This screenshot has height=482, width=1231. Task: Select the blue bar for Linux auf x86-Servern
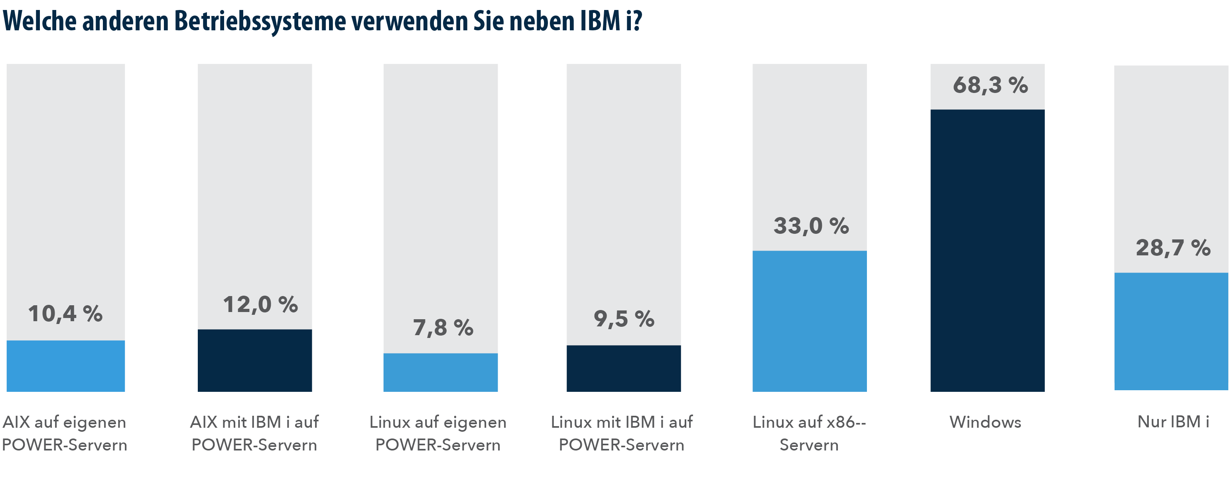click(809, 321)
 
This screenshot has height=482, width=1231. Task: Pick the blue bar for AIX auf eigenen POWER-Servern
click(65, 366)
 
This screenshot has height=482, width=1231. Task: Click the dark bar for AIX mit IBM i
click(255, 360)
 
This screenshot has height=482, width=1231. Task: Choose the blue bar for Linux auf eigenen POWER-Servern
click(440, 372)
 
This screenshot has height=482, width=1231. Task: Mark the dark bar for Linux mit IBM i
click(623, 368)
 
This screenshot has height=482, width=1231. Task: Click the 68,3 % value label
click(990, 85)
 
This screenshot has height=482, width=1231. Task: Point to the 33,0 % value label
click(811, 226)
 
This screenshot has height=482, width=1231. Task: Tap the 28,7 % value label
click(1173, 248)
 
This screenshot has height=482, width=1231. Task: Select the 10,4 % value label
click(65, 314)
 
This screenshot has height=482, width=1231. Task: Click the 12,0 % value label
click(260, 304)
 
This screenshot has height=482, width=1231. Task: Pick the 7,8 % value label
click(443, 328)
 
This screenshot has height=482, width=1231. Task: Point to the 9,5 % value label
click(624, 319)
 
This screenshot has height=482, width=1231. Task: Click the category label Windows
click(985, 422)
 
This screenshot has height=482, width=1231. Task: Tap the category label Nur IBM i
click(1173, 422)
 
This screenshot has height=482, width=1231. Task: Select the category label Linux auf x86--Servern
click(809, 433)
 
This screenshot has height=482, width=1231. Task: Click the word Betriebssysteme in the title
click(260, 22)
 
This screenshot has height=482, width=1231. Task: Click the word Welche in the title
click(39, 22)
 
